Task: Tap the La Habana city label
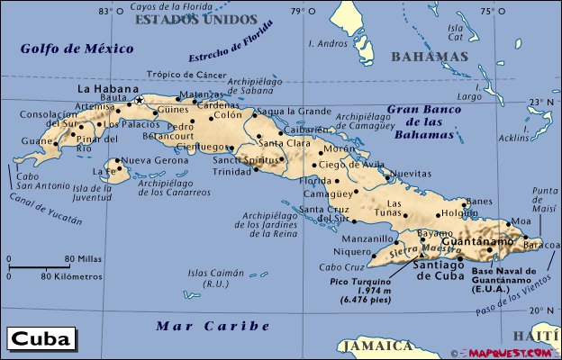pos(108,89)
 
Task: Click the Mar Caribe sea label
pos(213,326)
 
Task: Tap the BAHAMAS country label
pos(430,57)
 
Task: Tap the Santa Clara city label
pos(285,142)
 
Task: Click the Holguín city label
pos(460,213)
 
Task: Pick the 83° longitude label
pos(107,11)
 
